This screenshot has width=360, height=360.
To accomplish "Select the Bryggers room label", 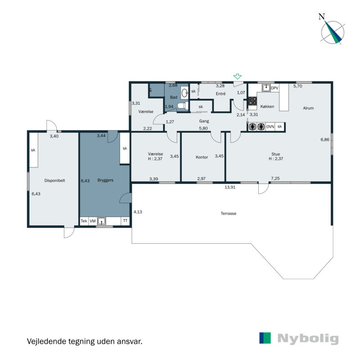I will [106, 180].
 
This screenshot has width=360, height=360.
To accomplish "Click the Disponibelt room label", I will [55, 180].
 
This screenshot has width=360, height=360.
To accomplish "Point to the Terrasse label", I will [228, 213].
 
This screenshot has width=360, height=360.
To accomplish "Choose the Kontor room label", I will [202, 157].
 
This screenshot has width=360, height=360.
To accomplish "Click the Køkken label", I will [267, 107].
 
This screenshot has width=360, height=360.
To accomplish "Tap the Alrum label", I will [308, 108].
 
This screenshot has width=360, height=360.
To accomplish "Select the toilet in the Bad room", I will [181, 106].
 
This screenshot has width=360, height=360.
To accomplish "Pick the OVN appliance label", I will [270, 127].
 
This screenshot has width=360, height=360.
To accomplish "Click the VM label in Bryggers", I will [93, 221].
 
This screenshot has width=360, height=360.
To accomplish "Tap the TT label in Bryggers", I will [125, 221].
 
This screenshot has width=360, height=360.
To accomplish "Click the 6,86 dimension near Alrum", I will [325, 140].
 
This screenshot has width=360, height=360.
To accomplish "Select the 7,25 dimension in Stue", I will [275, 179].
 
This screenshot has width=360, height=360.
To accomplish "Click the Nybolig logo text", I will [308, 339].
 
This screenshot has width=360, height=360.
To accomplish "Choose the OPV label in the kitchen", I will [275, 87].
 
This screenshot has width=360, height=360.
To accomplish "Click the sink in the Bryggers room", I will [103, 221].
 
